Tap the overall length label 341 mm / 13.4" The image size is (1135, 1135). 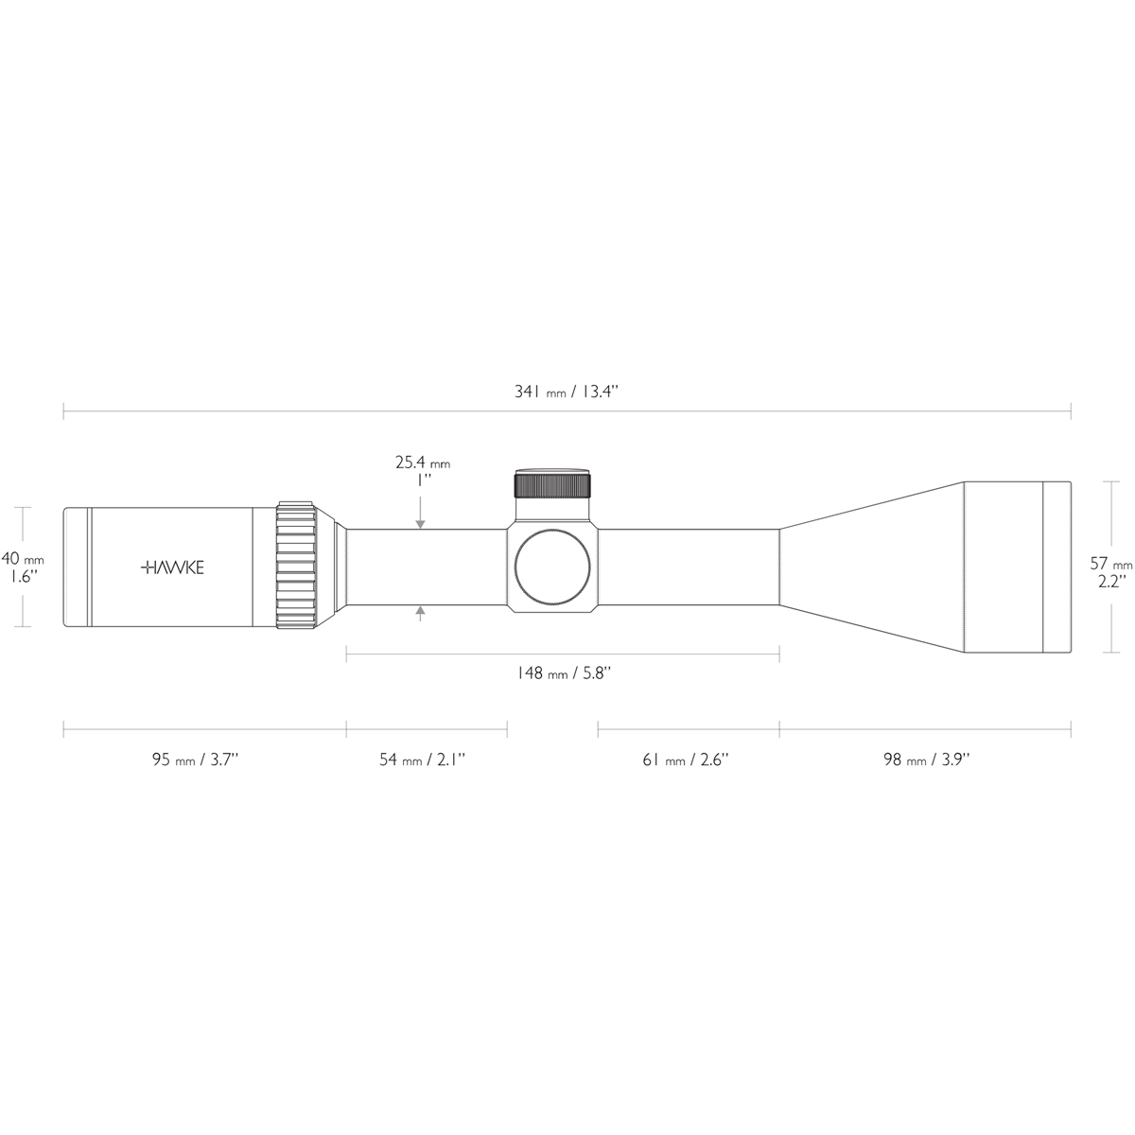pyautogui.click(x=566, y=393)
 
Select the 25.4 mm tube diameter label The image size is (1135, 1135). pyautogui.click(x=422, y=463)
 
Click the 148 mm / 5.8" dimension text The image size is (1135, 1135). pyautogui.click(x=564, y=673)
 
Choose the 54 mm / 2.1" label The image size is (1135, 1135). pyautogui.click(x=422, y=760)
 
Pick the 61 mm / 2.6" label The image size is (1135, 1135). pyautogui.click(x=686, y=760)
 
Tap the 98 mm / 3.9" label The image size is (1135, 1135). pyautogui.click(x=926, y=760)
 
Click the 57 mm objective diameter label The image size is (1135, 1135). pyautogui.click(x=1110, y=564)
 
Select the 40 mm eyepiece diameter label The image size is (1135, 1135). pyautogui.click(x=22, y=558)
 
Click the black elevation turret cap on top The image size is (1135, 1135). pyautogui.click(x=552, y=483)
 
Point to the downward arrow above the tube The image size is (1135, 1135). pyautogui.click(x=420, y=521)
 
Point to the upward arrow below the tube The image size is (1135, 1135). pyautogui.click(x=420, y=614)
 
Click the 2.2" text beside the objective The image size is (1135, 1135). pyautogui.click(x=1110, y=582)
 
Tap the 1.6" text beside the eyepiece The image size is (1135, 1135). pyautogui.click(x=22, y=575)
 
